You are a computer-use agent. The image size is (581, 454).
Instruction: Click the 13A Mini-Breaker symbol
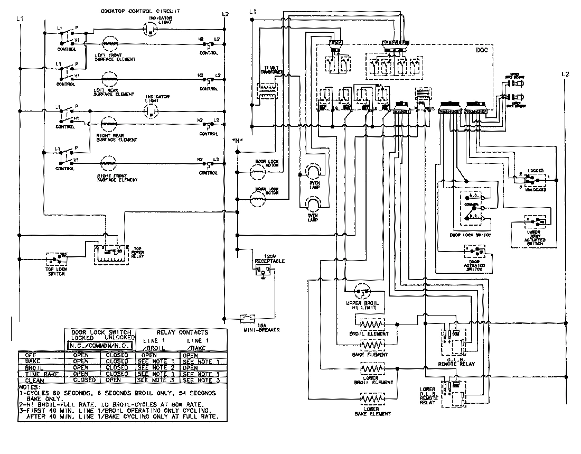(247, 319)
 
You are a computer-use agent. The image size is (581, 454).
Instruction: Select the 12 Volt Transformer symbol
(264, 90)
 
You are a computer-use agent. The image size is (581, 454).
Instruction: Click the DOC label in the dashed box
(482, 50)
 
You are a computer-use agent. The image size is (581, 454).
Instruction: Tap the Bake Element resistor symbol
(371, 345)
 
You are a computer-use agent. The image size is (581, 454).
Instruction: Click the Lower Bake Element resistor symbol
(371, 399)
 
